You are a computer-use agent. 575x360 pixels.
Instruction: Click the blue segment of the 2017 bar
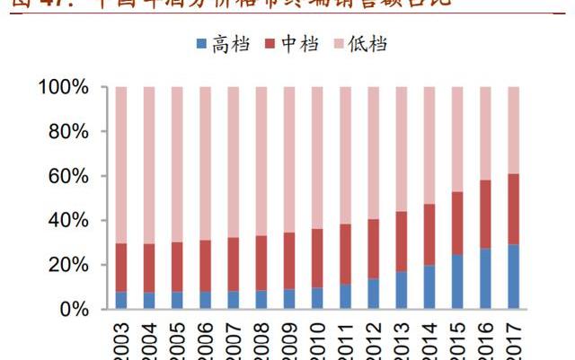click(514, 277)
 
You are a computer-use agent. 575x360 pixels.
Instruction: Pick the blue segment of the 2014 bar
click(430, 286)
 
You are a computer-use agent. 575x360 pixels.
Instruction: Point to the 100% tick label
click(63, 88)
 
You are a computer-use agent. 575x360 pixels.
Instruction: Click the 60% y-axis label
click(68, 177)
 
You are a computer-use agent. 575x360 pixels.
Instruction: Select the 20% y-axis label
click(68, 265)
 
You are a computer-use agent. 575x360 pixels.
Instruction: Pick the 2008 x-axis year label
click(261, 341)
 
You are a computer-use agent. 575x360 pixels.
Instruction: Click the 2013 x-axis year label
click(402, 341)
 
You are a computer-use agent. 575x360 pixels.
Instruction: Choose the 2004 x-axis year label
click(149, 341)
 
